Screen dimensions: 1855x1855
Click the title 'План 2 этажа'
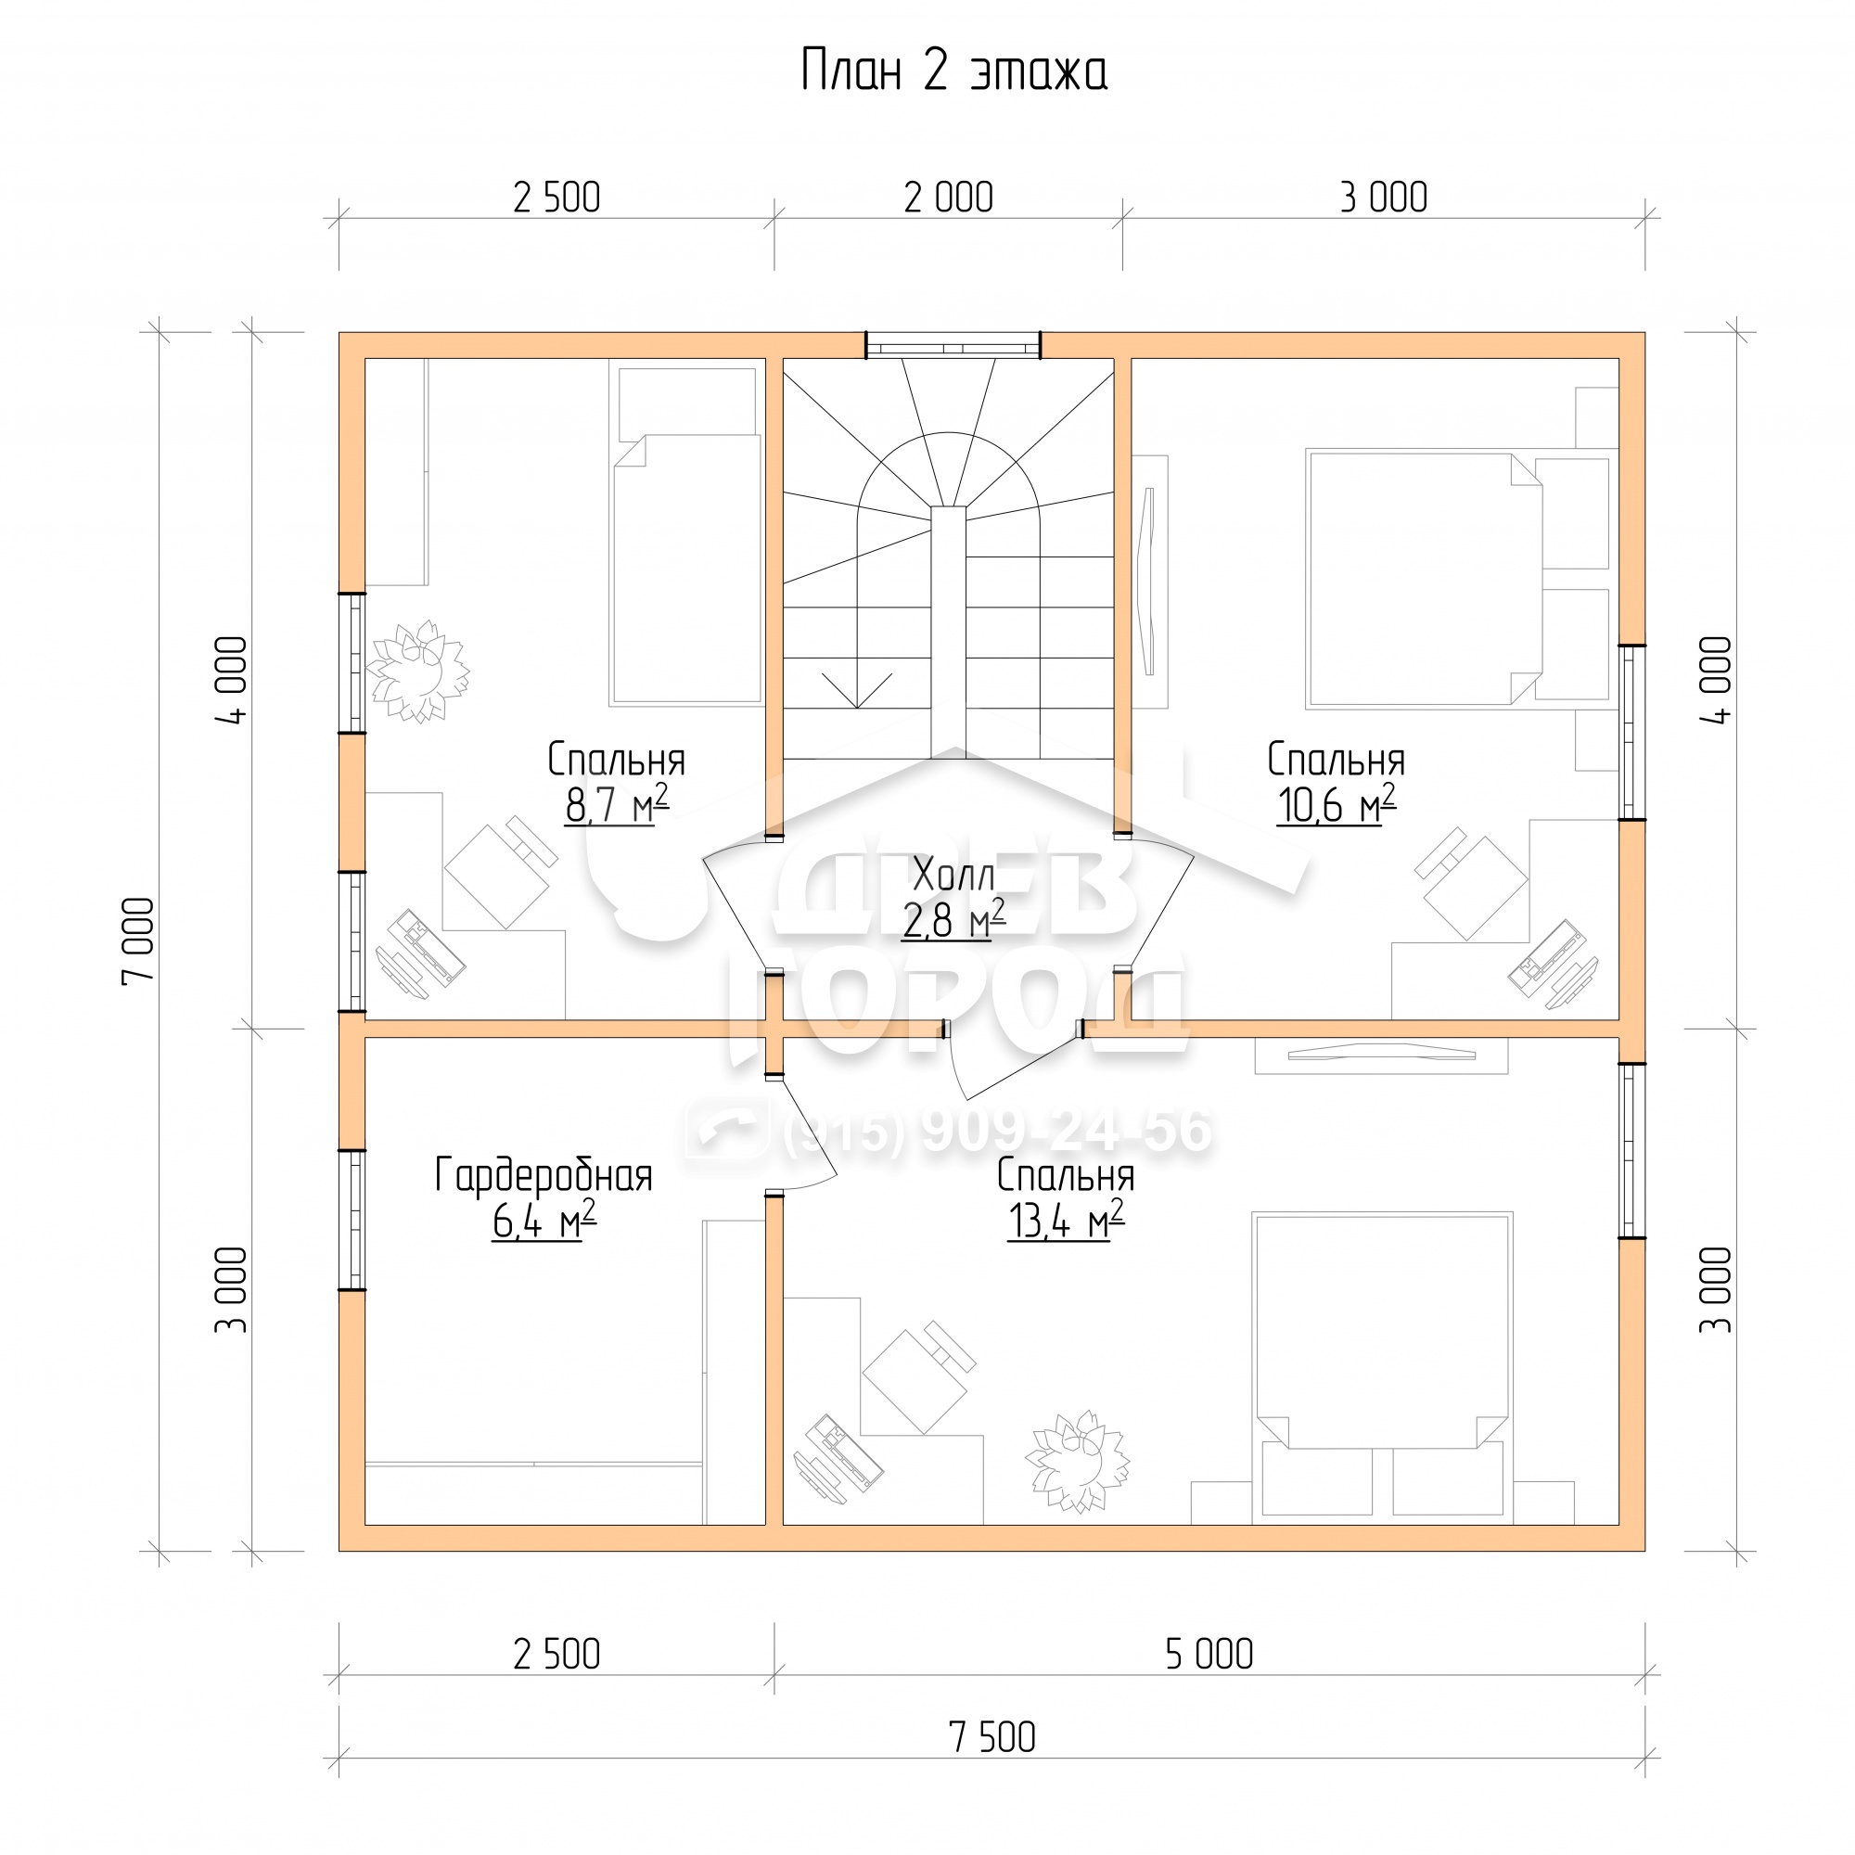(953, 71)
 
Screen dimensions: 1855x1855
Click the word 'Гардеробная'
(544, 1176)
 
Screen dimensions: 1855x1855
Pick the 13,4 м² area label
(1066, 1222)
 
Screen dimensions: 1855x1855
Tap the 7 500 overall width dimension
(991, 1737)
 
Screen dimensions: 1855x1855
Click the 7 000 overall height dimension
(137, 940)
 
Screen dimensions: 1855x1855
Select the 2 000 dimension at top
(949, 198)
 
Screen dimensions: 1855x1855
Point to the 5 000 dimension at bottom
(1209, 1654)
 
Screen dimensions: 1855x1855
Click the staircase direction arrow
(856, 689)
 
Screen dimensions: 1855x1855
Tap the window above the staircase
(953, 345)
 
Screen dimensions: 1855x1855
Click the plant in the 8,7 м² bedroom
(418, 672)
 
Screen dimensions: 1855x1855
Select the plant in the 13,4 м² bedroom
(1077, 1462)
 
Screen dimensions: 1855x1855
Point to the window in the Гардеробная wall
(352, 1220)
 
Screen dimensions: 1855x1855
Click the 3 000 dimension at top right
(1384, 198)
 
